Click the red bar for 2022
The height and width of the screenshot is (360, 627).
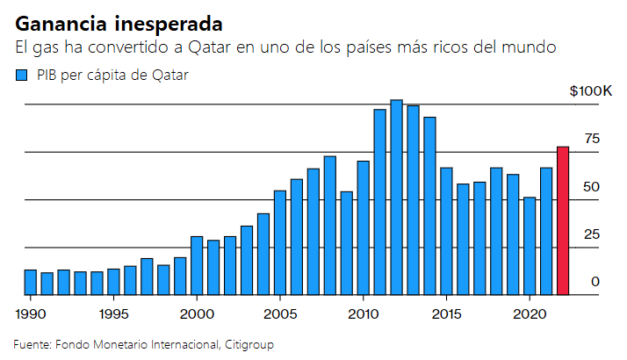[563, 220]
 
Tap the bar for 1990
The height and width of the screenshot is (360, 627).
[30, 282]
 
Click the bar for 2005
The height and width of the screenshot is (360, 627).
[280, 242]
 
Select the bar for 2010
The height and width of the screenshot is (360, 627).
[363, 227]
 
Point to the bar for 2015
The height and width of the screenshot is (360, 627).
[446, 231]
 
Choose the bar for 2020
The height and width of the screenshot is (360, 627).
[530, 246]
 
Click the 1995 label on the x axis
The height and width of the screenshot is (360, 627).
[113, 313]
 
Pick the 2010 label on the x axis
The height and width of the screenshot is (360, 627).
[363, 313]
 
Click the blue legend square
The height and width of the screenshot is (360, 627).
[23, 76]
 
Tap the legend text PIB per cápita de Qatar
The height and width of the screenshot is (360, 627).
[112, 76]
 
